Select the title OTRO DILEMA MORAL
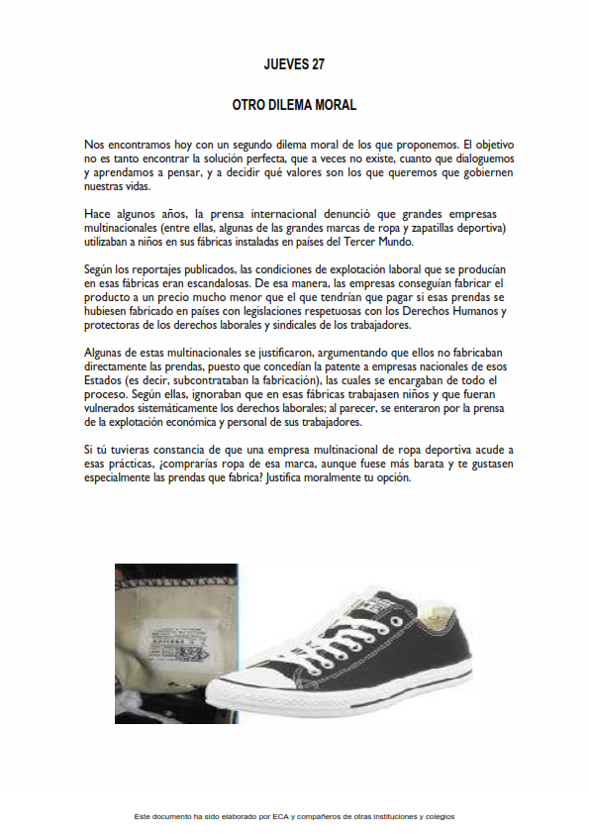[x=294, y=104]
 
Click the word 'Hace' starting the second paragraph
[x=98, y=214]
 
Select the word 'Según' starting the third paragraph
[x=101, y=269]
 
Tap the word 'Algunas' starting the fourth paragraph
[x=107, y=353]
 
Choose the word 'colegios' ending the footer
[x=438, y=816]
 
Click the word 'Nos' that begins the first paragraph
[x=95, y=145]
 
